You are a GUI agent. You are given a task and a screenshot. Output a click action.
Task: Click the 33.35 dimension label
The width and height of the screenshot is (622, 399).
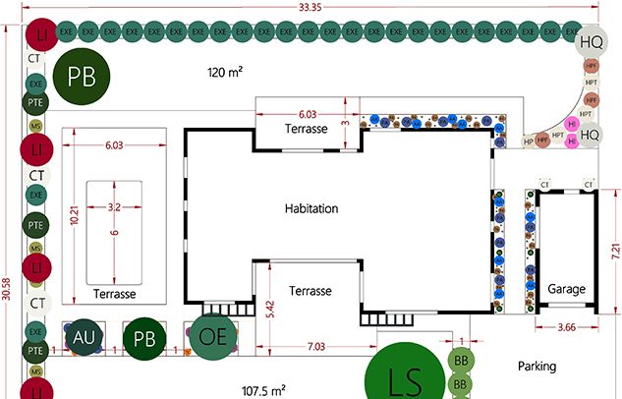pyautogui.click(x=311, y=7)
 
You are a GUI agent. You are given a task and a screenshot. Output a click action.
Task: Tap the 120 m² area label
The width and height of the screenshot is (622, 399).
pyautogui.click(x=225, y=72)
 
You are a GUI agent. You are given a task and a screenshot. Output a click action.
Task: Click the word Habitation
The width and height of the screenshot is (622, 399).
pyautogui.click(x=311, y=208)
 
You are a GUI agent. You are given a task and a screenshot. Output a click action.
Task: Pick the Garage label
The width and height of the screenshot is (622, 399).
pyautogui.click(x=566, y=290)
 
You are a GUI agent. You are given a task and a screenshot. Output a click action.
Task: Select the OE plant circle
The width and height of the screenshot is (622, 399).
pyautogui.click(x=213, y=337)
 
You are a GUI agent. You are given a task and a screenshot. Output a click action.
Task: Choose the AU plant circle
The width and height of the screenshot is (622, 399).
pyautogui.click(x=83, y=337)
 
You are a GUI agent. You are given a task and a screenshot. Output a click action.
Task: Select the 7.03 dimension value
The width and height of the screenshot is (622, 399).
pyautogui.click(x=315, y=346)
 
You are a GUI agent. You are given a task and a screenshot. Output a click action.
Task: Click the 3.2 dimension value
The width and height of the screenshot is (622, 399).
pyautogui.click(x=115, y=207)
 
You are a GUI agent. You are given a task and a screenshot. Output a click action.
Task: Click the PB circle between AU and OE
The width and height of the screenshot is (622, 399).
pyautogui.click(x=144, y=337)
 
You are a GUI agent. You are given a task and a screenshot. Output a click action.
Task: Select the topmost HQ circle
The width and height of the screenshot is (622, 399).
pyautogui.click(x=591, y=42)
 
